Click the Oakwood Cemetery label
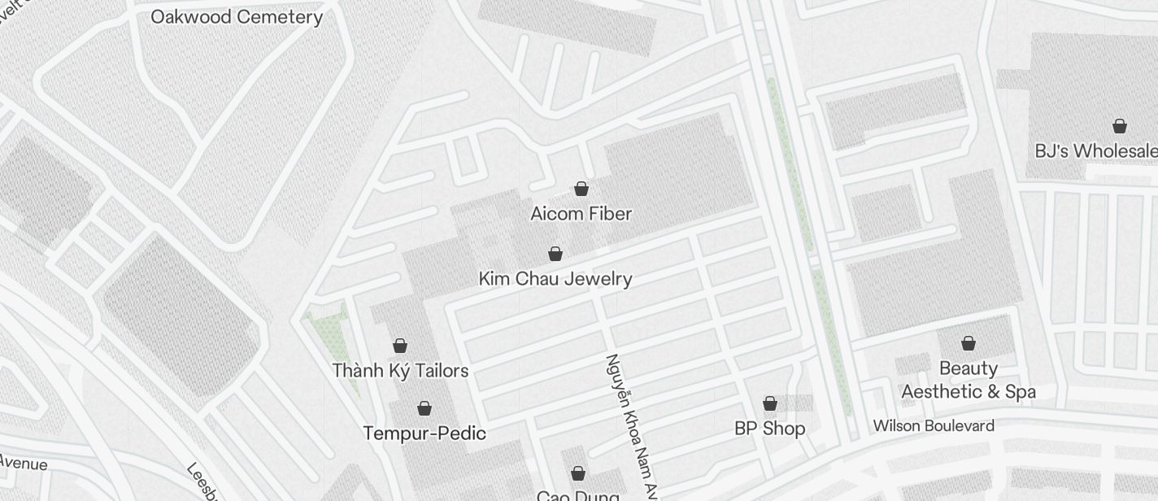237,16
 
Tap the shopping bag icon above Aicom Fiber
581,189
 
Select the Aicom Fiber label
581,214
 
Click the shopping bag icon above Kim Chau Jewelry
555,254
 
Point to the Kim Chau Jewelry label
555,279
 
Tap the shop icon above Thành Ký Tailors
400,346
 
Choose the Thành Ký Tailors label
400,371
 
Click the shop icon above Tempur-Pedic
424,407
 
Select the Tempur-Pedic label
424,433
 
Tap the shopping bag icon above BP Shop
769,403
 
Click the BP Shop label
769,429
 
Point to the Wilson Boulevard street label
934,425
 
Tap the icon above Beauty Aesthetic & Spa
969,343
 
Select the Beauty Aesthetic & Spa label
969,380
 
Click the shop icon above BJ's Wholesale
1120,126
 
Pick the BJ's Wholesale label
1095,151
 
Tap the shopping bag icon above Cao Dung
578,473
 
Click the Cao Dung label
578,495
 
